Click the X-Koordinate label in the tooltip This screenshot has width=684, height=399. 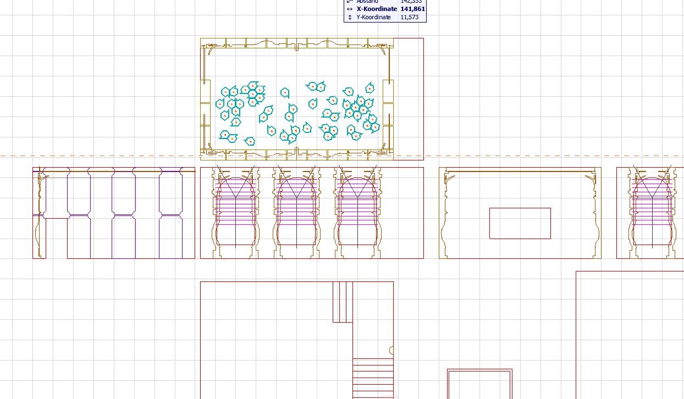click(x=377, y=9)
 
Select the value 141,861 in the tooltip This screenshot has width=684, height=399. click(x=412, y=9)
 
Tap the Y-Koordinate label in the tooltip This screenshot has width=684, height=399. click(x=373, y=18)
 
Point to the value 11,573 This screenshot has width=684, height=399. click(x=410, y=18)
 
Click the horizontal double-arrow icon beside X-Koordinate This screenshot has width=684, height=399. click(x=350, y=9)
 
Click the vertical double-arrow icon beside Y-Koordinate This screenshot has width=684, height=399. click(x=350, y=18)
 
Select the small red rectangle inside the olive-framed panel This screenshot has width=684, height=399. click(x=520, y=223)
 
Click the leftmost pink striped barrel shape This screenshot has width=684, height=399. click(x=236, y=212)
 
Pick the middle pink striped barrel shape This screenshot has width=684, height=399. click(x=297, y=212)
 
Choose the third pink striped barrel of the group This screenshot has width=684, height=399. click(x=358, y=212)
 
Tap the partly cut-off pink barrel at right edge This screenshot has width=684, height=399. click(x=652, y=212)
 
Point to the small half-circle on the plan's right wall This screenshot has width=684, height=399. click(x=391, y=350)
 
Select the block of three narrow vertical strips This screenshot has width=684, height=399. click(x=343, y=302)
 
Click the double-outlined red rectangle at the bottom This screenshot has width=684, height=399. click(x=479, y=384)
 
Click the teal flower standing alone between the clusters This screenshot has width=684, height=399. click(x=285, y=93)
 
